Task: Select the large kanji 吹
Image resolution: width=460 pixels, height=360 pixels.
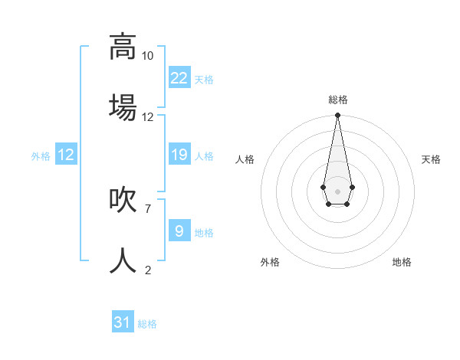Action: (123, 199)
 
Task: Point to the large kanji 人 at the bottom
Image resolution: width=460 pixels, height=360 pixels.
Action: (123, 260)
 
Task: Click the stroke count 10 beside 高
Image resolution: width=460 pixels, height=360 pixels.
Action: (147, 56)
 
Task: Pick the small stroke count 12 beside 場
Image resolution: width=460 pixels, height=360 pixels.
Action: (147, 117)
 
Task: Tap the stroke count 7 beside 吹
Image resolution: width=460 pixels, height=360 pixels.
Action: (147, 208)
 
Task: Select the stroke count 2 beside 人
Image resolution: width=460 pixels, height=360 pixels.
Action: (147, 270)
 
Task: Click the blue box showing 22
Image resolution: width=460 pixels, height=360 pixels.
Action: (179, 77)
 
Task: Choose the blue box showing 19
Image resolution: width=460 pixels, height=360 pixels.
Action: (179, 155)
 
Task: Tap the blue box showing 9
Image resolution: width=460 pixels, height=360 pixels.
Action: (179, 231)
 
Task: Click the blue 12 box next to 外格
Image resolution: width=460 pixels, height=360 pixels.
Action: (66, 155)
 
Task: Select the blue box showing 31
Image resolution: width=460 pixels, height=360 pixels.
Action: (123, 322)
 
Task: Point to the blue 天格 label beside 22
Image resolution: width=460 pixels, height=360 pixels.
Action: (204, 80)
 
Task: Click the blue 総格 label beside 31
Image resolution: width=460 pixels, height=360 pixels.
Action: (147, 325)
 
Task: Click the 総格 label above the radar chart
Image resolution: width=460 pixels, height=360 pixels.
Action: (337, 100)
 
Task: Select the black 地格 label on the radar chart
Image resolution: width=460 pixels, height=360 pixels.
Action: (402, 262)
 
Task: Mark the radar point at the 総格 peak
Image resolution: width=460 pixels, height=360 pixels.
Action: (337, 116)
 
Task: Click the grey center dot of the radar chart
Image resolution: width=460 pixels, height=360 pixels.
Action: (337, 190)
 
